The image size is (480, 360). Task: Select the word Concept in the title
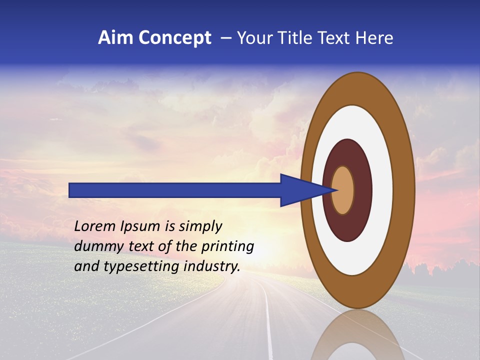[175, 38]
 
